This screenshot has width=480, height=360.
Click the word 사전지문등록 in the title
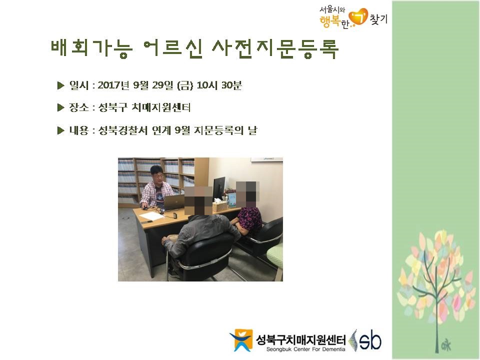[275, 48]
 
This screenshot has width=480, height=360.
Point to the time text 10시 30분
[219, 85]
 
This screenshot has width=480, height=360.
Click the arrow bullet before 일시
[60, 85]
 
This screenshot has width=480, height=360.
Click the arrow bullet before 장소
[60, 108]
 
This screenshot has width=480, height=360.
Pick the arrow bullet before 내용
[60, 130]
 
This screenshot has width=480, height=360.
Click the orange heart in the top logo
[358, 17]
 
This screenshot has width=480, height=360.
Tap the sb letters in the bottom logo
[370, 340]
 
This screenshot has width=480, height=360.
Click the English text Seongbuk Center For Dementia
[305, 349]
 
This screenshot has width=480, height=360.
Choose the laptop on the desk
[173, 202]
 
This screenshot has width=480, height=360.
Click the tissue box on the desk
[220, 205]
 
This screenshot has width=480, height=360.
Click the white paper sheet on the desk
[151, 216]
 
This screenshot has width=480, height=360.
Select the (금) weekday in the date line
[185, 85]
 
